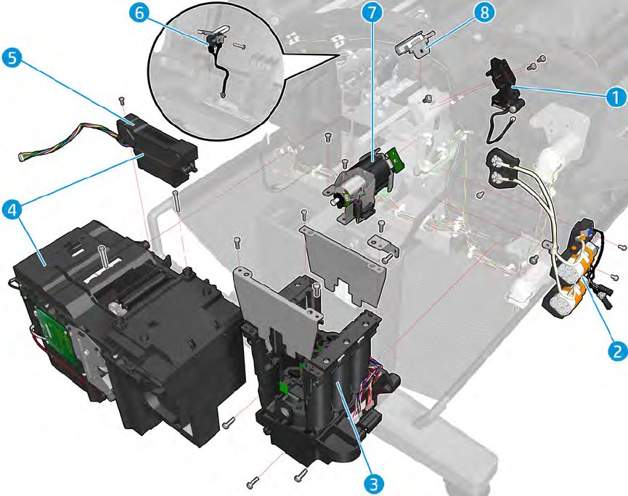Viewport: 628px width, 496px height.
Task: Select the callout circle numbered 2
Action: click(x=617, y=351)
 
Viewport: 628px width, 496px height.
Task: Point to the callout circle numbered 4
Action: click(x=12, y=211)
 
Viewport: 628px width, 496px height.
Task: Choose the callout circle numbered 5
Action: click(x=12, y=57)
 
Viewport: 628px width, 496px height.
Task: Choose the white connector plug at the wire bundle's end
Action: click(x=22, y=158)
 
